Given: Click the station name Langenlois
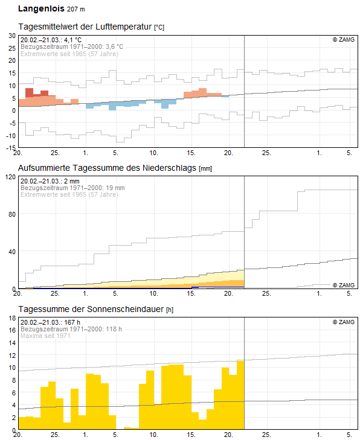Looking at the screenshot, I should [x=40, y=9].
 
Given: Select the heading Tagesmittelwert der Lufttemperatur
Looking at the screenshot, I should [x=85, y=27].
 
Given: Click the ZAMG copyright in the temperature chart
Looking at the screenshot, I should [x=343, y=40].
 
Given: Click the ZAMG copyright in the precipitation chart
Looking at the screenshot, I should [x=343, y=284].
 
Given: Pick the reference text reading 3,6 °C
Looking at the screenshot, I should [x=112, y=46].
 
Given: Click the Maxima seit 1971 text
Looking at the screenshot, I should [x=45, y=336].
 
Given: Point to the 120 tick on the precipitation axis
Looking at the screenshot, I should [x=9, y=177].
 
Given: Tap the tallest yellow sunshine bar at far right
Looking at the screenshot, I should [x=240, y=395].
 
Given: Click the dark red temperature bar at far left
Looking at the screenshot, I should [x=29, y=92].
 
